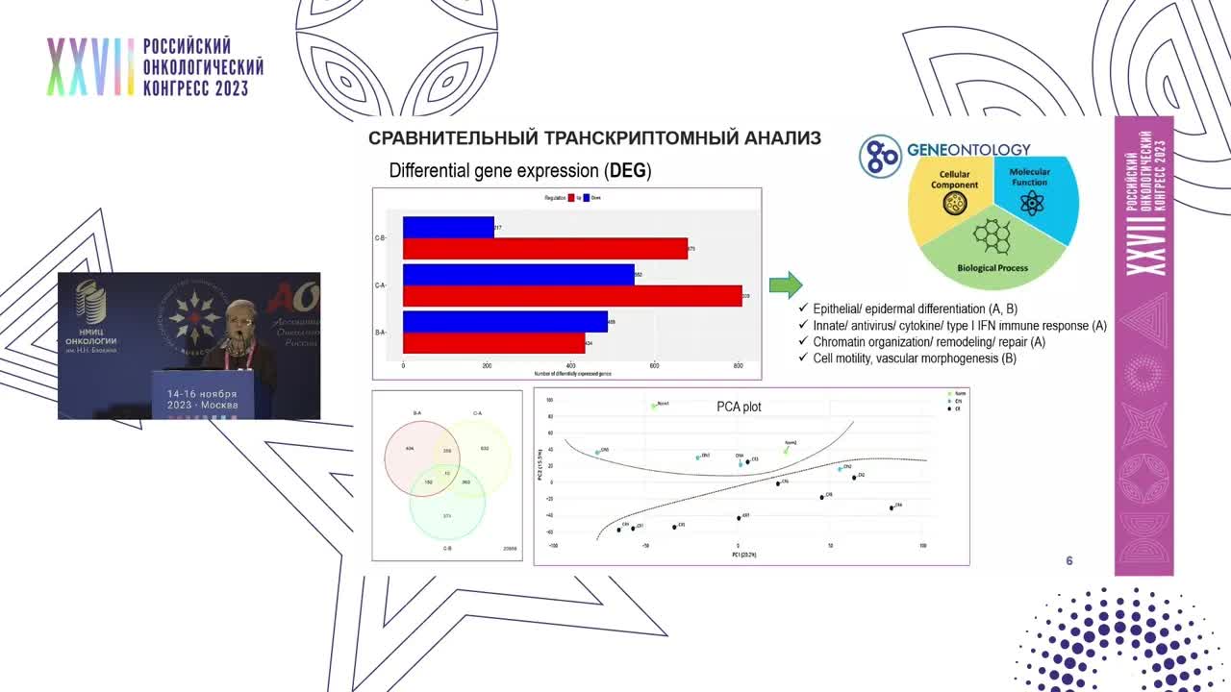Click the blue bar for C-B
tap(448, 228)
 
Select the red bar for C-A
tap(572, 296)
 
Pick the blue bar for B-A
tap(505, 322)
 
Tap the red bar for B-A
tap(493, 343)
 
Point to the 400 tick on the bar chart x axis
tap(570, 366)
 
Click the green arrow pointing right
tap(786, 285)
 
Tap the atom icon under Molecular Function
tap(1030, 203)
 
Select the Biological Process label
tap(992, 268)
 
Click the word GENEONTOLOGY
tap(968, 150)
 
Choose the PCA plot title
tap(739, 407)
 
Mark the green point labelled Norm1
tap(654, 406)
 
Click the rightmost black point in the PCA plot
tap(892, 507)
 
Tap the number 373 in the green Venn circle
tap(447, 516)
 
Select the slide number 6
tap(1069, 561)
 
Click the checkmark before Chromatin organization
tap(804, 342)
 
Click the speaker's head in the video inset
tap(238, 317)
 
